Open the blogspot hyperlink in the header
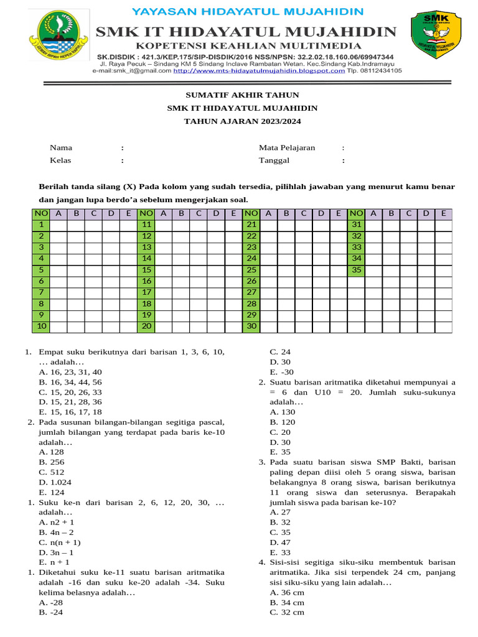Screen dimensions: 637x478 point(259,71)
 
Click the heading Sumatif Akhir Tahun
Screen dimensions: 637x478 point(243,95)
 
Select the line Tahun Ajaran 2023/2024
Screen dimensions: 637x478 point(243,121)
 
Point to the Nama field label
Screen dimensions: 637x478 point(61,148)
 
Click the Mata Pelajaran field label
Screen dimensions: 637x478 point(287,148)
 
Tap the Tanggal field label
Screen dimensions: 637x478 point(274,160)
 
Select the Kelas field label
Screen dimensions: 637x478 point(60,160)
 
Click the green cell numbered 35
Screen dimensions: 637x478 point(357,270)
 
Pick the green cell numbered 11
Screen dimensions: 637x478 point(147,225)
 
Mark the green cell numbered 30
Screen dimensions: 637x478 point(251,326)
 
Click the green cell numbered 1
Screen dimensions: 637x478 point(41,225)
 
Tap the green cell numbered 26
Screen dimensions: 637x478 point(251,281)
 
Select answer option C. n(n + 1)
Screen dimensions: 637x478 point(60,542)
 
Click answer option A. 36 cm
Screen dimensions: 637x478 point(287,592)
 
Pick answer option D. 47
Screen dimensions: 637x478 point(280,542)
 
